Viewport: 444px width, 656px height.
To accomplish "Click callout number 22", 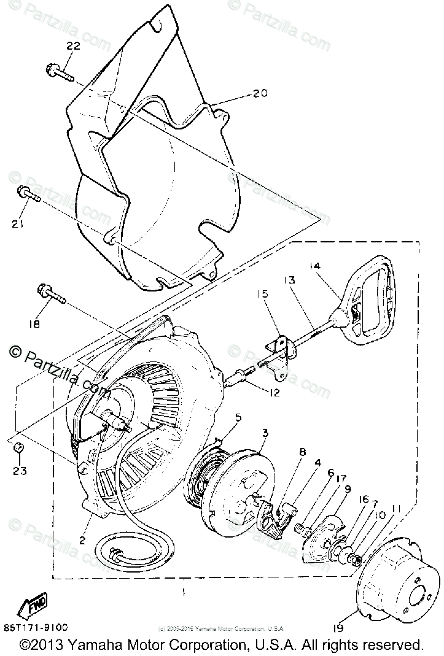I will click(x=74, y=47).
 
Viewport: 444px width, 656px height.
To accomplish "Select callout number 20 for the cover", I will click(x=260, y=94).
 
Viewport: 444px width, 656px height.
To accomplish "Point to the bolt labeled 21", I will click(x=28, y=194).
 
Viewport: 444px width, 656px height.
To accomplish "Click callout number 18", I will click(x=33, y=324).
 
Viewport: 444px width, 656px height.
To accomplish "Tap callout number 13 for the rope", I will click(x=289, y=280).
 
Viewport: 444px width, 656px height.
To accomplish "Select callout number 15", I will click(x=263, y=295).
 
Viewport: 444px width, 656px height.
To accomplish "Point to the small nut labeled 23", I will click(x=19, y=447).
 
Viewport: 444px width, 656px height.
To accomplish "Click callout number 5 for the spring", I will click(x=238, y=417).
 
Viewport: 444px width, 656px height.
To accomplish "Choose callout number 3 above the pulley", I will click(x=265, y=433).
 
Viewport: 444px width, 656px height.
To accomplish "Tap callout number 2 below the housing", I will click(x=82, y=541).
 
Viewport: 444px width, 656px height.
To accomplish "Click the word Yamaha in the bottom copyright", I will click(x=87, y=645).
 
